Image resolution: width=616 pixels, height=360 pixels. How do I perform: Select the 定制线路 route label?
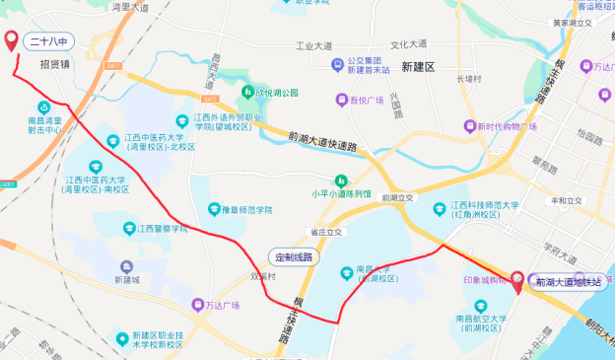(x=293, y=256)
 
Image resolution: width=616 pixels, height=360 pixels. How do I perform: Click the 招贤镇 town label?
(x=55, y=64)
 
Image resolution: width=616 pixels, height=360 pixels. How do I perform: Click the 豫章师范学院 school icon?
(x=214, y=209)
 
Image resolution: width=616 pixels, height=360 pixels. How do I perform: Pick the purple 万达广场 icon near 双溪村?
(x=197, y=306)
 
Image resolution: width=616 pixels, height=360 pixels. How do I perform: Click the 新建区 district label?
(x=418, y=65)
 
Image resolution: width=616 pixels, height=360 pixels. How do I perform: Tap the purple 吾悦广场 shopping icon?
(x=341, y=99)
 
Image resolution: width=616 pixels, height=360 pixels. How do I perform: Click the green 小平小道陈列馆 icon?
(x=340, y=180)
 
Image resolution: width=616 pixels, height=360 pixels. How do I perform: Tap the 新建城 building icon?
(x=127, y=266)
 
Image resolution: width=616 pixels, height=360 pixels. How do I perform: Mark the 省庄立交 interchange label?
(x=325, y=232)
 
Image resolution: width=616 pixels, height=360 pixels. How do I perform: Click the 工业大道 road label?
(x=316, y=45)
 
